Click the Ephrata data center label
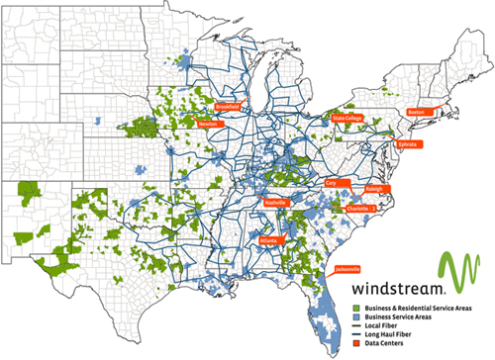pos(407,144)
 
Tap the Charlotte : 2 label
pos(360,210)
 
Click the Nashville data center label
pos(274,202)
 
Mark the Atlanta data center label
pos(268,240)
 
